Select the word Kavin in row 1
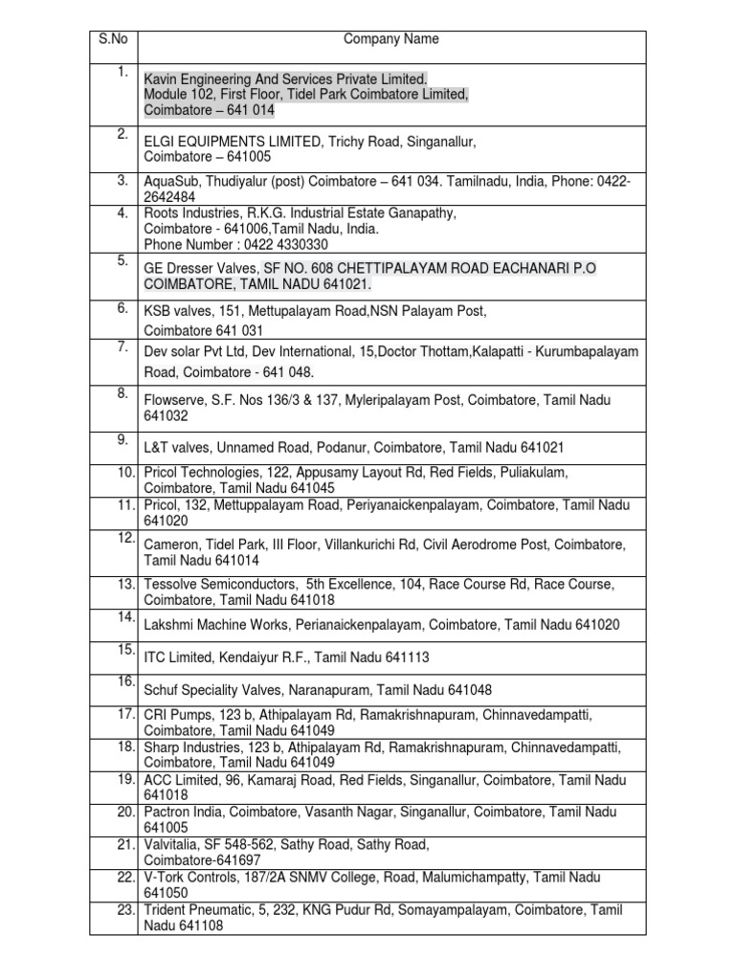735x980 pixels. point(161,78)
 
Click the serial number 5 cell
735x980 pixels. point(122,260)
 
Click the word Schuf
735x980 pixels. point(161,689)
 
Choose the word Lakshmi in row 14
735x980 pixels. point(168,624)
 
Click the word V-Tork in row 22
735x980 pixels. point(167,877)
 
